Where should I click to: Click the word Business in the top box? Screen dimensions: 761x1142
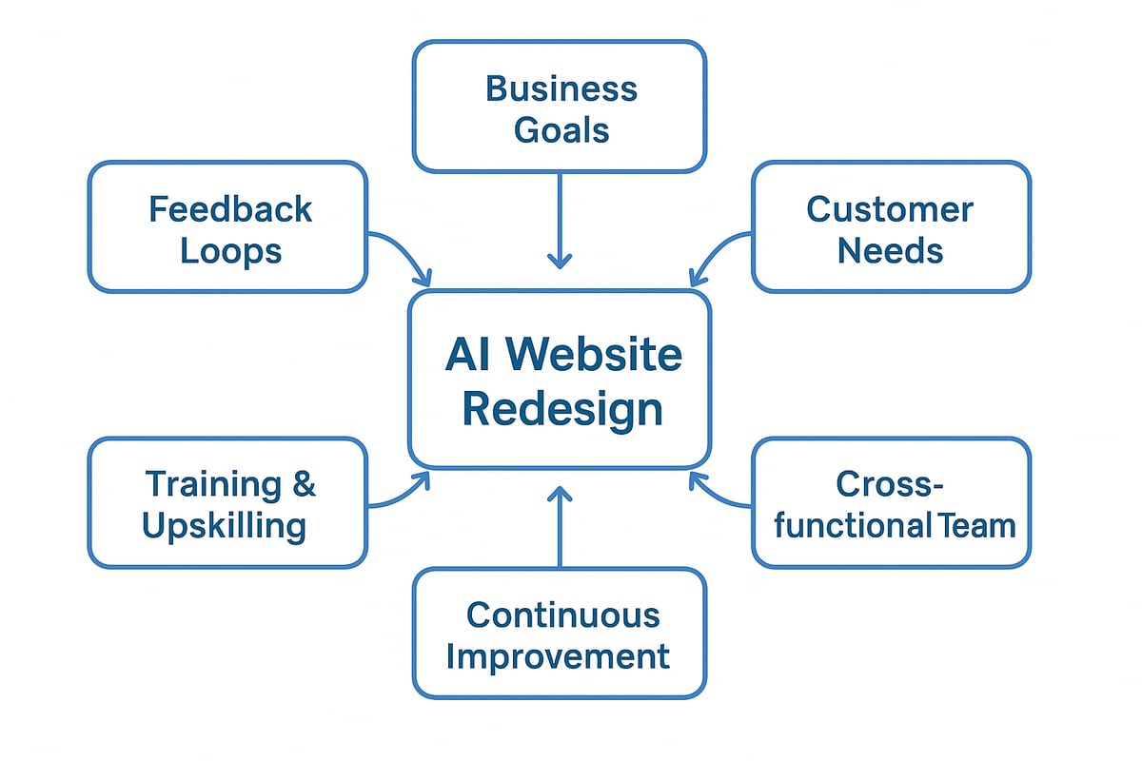tap(561, 88)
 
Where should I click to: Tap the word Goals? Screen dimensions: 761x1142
tap(561, 129)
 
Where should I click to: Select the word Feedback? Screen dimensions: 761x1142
tap(230, 209)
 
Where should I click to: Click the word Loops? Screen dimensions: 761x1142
tap(230, 252)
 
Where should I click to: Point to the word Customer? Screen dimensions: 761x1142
tap(890, 209)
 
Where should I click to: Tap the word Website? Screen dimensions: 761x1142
tap(594, 355)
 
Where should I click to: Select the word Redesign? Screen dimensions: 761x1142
tap(561, 409)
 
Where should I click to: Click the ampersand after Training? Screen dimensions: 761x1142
tap(304, 484)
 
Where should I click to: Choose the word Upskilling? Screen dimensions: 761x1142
tap(225, 526)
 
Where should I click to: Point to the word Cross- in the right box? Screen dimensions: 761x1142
tap(890, 484)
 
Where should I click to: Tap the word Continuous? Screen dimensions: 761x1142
tap(562, 615)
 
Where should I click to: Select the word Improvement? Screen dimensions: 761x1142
tap(559, 656)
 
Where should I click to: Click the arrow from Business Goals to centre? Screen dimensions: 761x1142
tap(560, 219)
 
